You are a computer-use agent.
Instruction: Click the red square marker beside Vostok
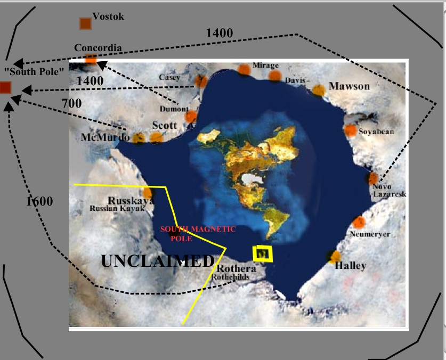click(85, 23)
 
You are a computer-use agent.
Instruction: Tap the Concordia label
click(98, 48)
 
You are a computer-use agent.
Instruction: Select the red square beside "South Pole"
click(5, 87)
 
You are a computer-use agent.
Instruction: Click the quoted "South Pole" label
click(34, 71)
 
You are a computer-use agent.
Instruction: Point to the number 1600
click(40, 201)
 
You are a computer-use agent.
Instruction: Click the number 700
click(71, 103)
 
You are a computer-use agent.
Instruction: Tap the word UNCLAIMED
click(157, 261)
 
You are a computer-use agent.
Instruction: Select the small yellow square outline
click(263, 254)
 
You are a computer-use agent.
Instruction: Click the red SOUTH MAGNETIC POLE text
click(197, 233)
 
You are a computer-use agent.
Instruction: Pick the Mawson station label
click(349, 86)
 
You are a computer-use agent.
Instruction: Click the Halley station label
click(350, 266)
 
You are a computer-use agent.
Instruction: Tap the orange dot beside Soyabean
click(350, 130)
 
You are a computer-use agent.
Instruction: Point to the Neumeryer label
click(370, 234)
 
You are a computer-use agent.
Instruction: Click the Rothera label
click(237, 268)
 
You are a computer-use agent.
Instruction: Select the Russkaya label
click(131, 201)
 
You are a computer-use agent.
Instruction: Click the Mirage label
click(265, 66)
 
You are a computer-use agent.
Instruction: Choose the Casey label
click(169, 78)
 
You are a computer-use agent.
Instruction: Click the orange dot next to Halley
click(335, 257)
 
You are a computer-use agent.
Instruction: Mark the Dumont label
click(174, 109)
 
